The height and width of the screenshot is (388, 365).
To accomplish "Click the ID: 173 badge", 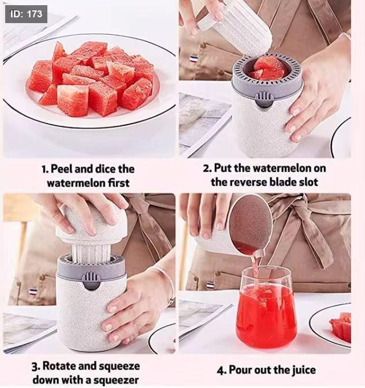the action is [26, 14].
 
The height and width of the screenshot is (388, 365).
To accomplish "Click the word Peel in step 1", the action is [61, 169].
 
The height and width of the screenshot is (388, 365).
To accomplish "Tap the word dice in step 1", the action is [106, 169].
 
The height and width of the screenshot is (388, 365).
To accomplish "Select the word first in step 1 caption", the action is [119, 183].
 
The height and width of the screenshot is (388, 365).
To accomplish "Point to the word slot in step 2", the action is [308, 182].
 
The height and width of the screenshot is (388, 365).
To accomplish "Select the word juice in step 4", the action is [304, 370].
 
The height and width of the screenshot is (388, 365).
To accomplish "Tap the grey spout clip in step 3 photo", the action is [91, 281].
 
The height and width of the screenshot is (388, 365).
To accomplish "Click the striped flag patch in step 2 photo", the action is [193, 59].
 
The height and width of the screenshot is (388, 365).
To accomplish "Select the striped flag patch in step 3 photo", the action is [33, 291].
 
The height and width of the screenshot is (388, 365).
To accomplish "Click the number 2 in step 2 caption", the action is [206, 169].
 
